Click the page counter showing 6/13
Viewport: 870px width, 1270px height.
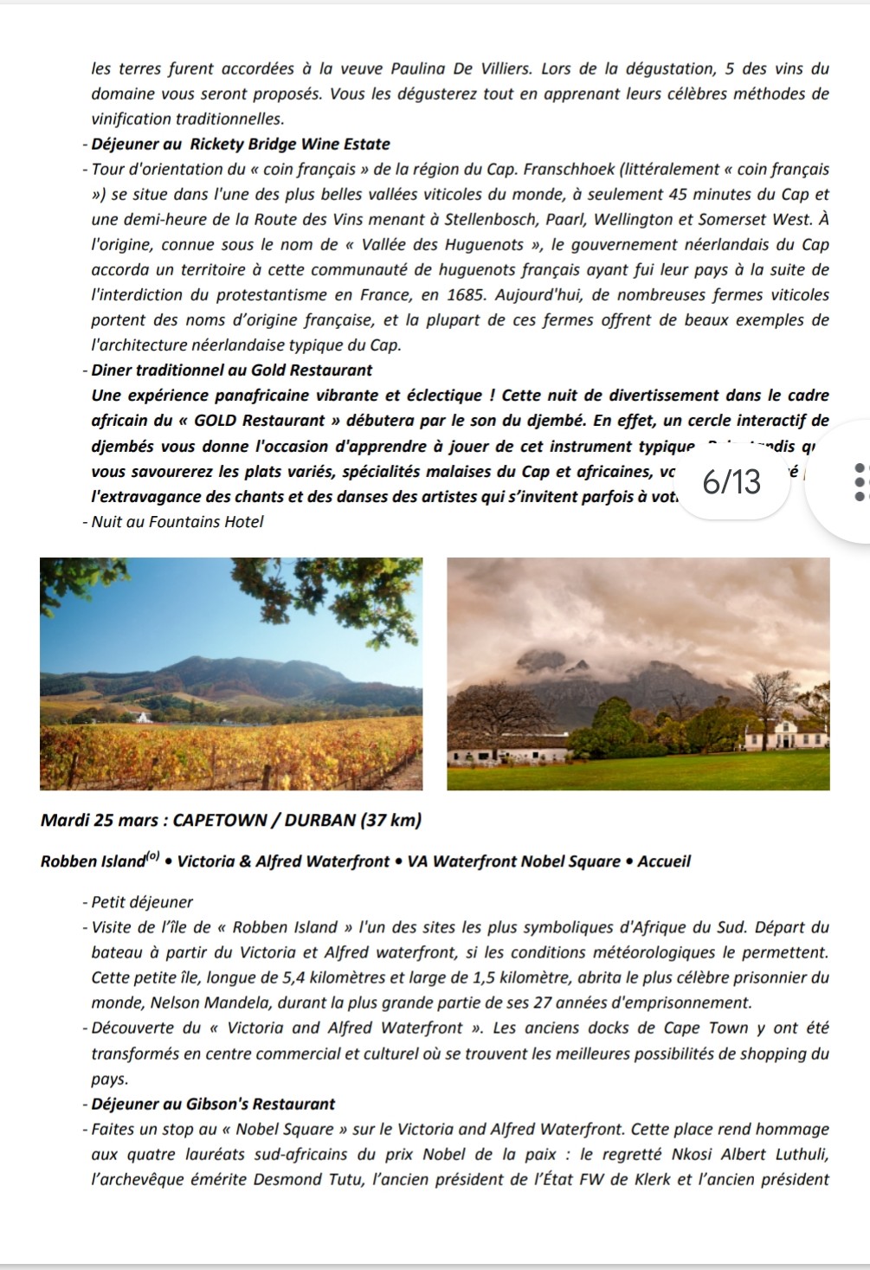pyautogui.click(x=732, y=482)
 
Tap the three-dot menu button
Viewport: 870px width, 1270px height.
pyautogui.click(x=858, y=482)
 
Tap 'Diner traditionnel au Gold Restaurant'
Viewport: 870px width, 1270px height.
pyautogui.click(x=232, y=371)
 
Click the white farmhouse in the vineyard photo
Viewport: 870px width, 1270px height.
pyautogui.click(x=144, y=717)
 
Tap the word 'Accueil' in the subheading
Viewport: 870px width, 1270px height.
pyautogui.click(x=664, y=862)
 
